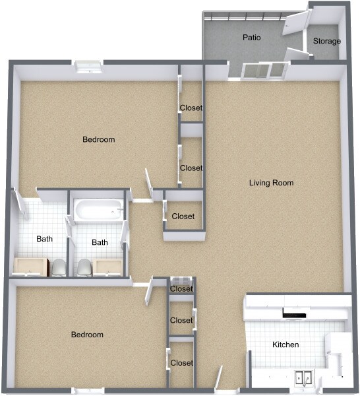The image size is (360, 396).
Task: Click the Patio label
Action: [x=251, y=38]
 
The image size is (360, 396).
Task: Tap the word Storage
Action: [x=326, y=41]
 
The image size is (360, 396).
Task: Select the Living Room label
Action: [x=271, y=183]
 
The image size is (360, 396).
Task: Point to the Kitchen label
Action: [x=285, y=345]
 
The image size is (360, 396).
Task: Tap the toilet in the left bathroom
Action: [x=59, y=267]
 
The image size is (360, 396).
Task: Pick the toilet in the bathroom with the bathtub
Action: [x=84, y=267]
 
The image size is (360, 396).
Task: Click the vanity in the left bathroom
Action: [x=30, y=266]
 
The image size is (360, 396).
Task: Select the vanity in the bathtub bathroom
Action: [x=107, y=266]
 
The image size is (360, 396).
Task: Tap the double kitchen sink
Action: [x=304, y=378]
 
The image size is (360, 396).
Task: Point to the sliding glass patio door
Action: [x=265, y=70]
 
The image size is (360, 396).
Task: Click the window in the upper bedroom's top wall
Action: [x=88, y=65]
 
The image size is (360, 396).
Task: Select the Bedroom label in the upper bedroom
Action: [x=98, y=139]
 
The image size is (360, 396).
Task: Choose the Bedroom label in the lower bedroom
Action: [x=87, y=335]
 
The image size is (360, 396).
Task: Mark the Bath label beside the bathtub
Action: [x=100, y=242]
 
